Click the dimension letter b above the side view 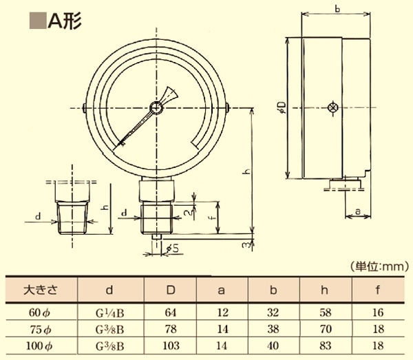pyautogui.click(x=337, y=9)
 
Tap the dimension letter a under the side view pyautogui.click(x=357, y=209)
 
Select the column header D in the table pyautogui.click(x=171, y=289)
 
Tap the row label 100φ pyautogui.click(x=41, y=343)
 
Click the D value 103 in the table pyautogui.click(x=171, y=343)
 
